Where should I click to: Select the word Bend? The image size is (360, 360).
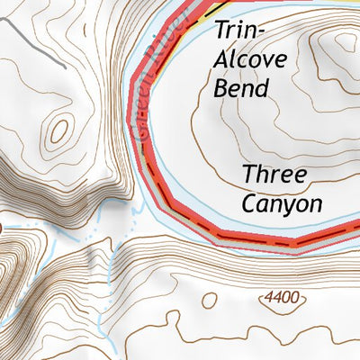(242, 88)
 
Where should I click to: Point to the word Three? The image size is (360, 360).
(274, 174)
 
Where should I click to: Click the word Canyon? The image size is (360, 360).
(282, 203)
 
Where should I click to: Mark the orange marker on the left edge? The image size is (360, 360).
(2, 229)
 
